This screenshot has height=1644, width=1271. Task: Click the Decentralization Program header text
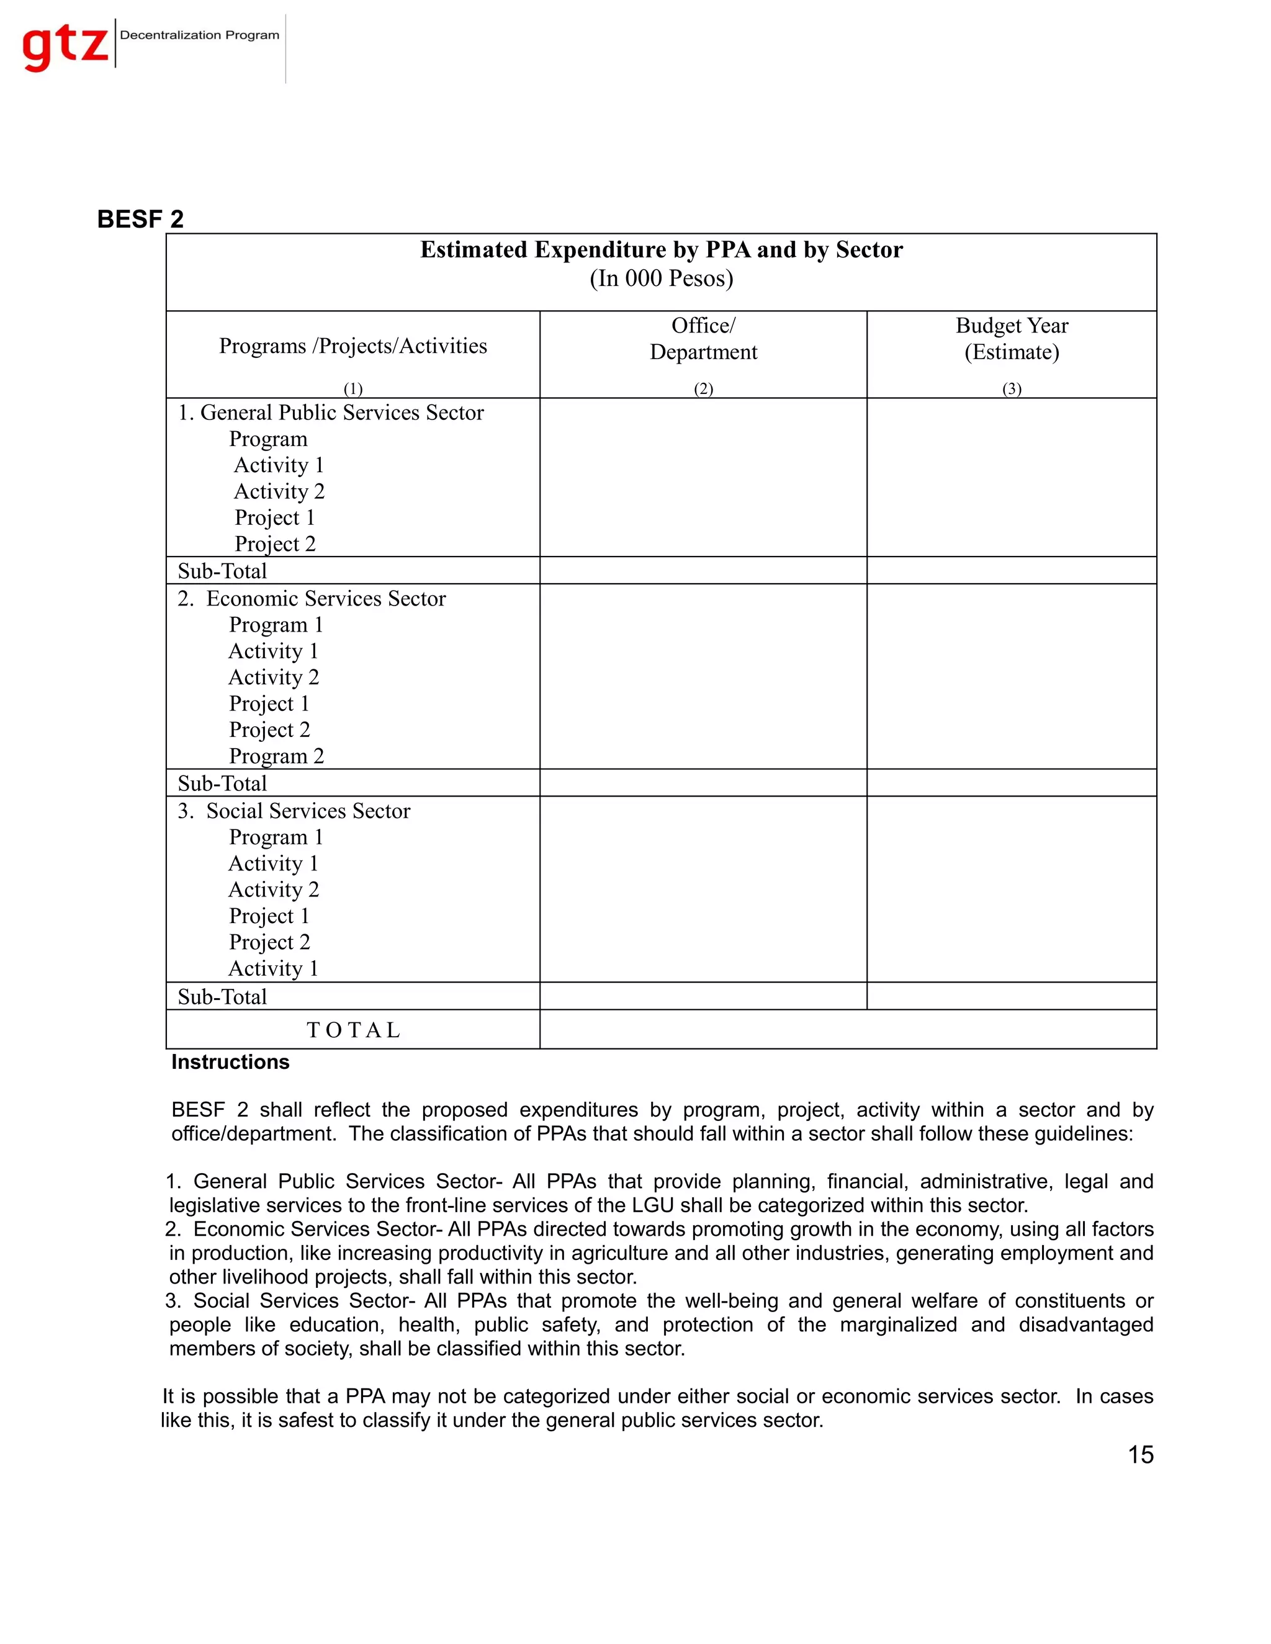(200, 35)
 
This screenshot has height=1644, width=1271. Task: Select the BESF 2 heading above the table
(140, 219)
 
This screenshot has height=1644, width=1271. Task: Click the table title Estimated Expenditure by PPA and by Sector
(661, 249)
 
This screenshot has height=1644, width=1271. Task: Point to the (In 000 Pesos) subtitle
(661, 279)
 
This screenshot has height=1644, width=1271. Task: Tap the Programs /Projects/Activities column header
(353, 346)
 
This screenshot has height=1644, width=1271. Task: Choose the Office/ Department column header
(703, 339)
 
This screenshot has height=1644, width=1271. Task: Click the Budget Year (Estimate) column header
(1011, 339)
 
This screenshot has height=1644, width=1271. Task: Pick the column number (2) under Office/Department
(703, 388)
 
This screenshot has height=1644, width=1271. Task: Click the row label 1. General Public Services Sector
(331, 413)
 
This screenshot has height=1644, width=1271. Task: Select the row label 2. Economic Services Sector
(312, 599)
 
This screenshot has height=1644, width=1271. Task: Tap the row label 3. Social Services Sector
(294, 811)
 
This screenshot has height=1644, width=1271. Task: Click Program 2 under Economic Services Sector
(276, 756)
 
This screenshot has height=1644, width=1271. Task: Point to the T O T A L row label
(353, 1030)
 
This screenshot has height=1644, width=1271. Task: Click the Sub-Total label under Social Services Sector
(222, 997)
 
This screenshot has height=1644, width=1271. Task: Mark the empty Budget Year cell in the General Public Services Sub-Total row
(1011, 571)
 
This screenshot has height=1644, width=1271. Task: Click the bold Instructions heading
(230, 1062)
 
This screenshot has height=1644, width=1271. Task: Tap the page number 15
(1140, 1455)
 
